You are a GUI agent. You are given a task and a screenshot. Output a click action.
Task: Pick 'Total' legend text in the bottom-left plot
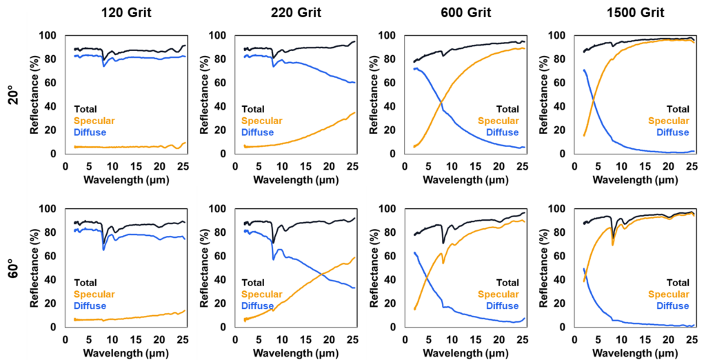[x=85, y=283]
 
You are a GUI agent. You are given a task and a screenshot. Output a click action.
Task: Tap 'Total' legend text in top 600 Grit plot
[x=507, y=109]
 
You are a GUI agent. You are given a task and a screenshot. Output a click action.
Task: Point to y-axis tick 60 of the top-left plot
[x=52, y=83]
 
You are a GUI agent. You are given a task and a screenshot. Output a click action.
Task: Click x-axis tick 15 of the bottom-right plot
[x=645, y=340]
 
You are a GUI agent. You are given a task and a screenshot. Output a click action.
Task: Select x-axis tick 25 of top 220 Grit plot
[x=352, y=167]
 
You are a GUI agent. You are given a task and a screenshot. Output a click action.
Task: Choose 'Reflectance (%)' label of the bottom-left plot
[x=34, y=268]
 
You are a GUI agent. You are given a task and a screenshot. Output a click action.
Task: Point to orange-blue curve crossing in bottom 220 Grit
[x=323, y=274]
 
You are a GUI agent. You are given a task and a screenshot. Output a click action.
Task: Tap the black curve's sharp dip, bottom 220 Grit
[x=274, y=242]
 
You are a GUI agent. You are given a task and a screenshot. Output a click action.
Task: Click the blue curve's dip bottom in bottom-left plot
[x=104, y=249]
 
